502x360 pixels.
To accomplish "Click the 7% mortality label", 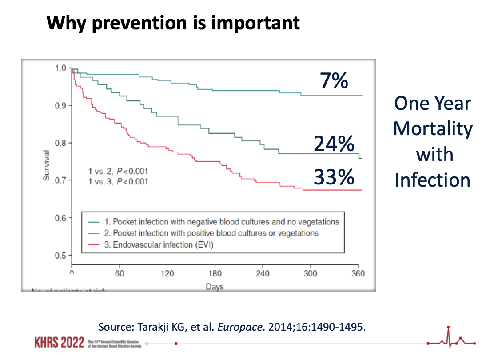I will pos(334,81).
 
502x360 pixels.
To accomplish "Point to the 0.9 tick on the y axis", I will pos(61,105).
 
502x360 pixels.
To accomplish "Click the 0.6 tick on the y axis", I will pos(61,218).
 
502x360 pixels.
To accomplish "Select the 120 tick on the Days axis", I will pos(167,273).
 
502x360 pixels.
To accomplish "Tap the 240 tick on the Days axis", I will pos(263,273).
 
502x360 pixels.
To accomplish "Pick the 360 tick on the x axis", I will pos(358,273).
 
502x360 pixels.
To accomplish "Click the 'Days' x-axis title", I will pos(215,286).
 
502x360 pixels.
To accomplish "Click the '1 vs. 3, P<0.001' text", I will pos(118,181).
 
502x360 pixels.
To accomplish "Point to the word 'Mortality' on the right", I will pos(433,129).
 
